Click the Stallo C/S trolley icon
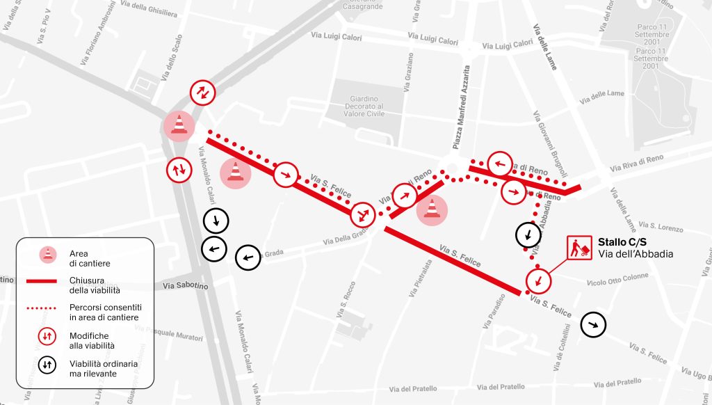(579, 248)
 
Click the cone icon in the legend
(48, 255)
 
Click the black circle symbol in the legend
(48, 364)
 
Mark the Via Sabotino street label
(186, 285)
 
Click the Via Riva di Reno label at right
(636, 163)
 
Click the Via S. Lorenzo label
(661, 227)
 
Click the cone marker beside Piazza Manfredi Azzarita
(432, 209)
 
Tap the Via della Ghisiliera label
(149, 8)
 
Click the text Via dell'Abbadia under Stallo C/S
(636, 255)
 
